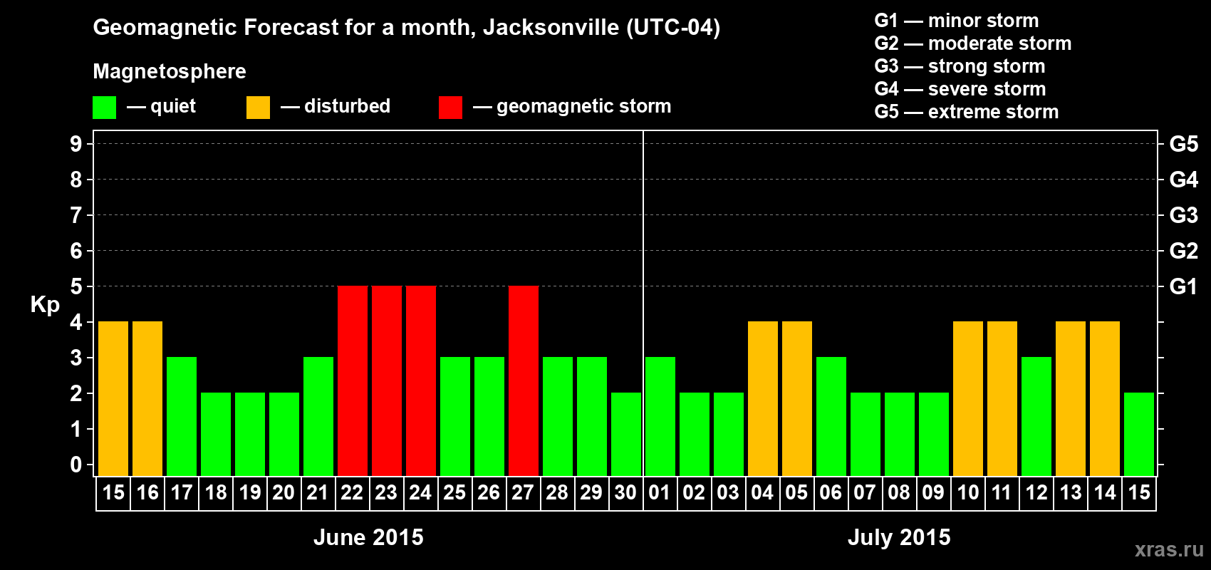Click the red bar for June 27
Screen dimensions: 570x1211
pyautogui.click(x=524, y=380)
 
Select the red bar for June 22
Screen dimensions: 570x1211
pyautogui.click(x=353, y=380)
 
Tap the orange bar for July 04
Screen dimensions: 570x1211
pyautogui.click(x=763, y=398)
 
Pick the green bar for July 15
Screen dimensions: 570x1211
pyautogui.click(x=1139, y=434)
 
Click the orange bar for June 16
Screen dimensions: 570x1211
pyautogui.click(x=147, y=398)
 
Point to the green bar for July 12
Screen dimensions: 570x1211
pyautogui.click(x=1036, y=416)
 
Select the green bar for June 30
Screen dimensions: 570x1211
pyautogui.click(x=626, y=434)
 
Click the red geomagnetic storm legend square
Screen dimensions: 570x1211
pyautogui.click(x=450, y=108)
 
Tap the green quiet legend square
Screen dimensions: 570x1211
pyautogui.click(x=104, y=108)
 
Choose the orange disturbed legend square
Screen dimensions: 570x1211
pyautogui.click(x=258, y=108)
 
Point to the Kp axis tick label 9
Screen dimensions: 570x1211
pyautogui.click(x=76, y=144)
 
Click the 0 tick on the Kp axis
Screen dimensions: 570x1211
pyautogui.click(x=76, y=465)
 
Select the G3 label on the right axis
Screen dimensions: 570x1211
pyautogui.click(x=1183, y=215)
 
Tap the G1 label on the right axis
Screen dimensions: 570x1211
pyautogui.click(x=1183, y=286)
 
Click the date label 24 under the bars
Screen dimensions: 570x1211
pyautogui.click(x=420, y=492)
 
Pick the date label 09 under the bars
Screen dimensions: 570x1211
pyautogui.click(x=933, y=492)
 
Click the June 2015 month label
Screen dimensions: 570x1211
pyautogui.click(x=368, y=537)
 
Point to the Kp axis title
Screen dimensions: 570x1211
pyautogui.click(x=45, y=305)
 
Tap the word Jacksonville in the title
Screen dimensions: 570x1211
pyautogui.click(x=551, y=28)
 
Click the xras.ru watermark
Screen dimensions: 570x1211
pyautogui.click(x=1169, y=549)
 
